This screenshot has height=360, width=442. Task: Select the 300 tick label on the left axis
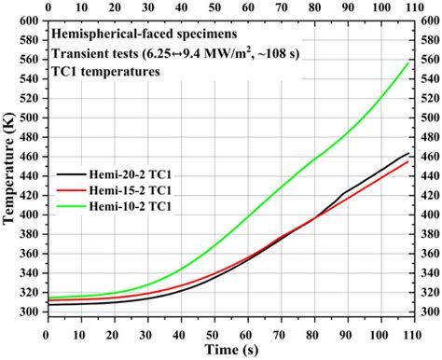[x=28, y=312]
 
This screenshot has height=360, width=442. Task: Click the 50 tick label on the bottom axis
[x=214, y=330]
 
